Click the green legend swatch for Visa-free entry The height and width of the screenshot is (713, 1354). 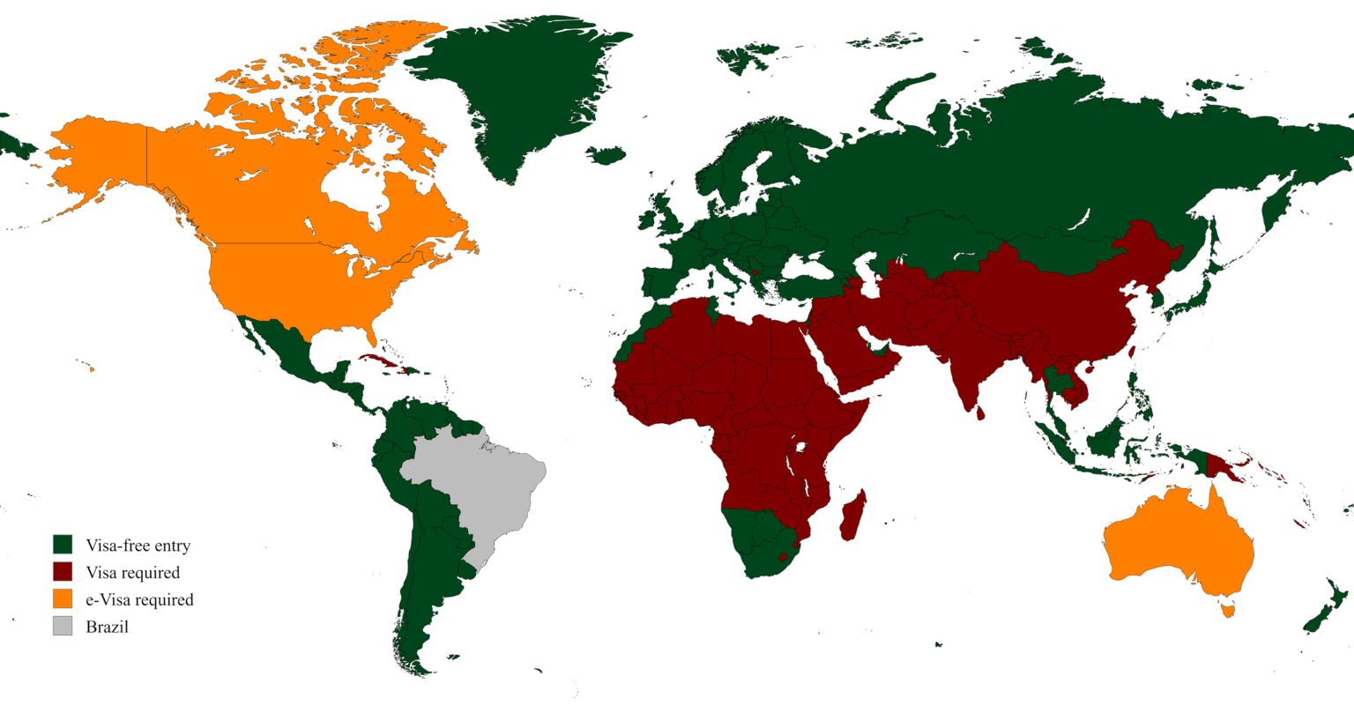pyautogui.click(x=62, y=544)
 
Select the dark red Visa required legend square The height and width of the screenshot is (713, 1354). pyautogui.click(x=62, y=572)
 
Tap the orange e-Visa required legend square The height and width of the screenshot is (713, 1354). pyautogui.click(x=62, y=599)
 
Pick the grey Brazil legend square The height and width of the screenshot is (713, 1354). pyautogui.click(x=62, y=627)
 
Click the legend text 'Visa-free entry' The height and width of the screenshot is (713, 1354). pyautogui.click(x=138, y=545)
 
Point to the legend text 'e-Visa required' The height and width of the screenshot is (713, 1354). pyautogui.click(x=138, y=600)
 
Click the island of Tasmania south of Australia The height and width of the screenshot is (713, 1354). pyautogui.click(x=1225, y=608)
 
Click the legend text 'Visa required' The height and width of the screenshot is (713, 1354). pyautogui.click(x=132, y=573)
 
